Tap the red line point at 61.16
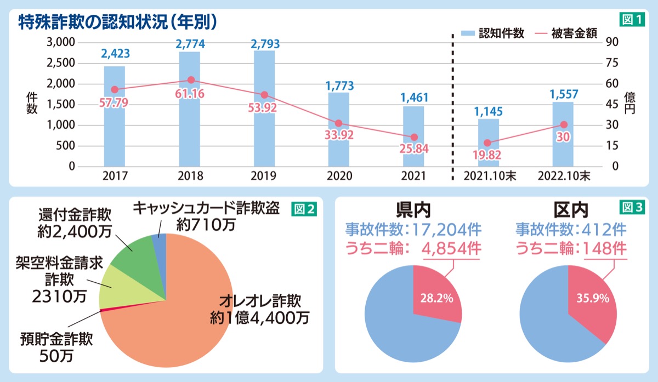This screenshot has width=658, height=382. tap(191, 80)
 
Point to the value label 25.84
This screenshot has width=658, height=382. tap(414, 149)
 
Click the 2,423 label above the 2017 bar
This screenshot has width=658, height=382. tap(115, 54)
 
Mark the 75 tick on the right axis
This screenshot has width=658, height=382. tap(612, 63)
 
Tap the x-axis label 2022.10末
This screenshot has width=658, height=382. tap(564, 176)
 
